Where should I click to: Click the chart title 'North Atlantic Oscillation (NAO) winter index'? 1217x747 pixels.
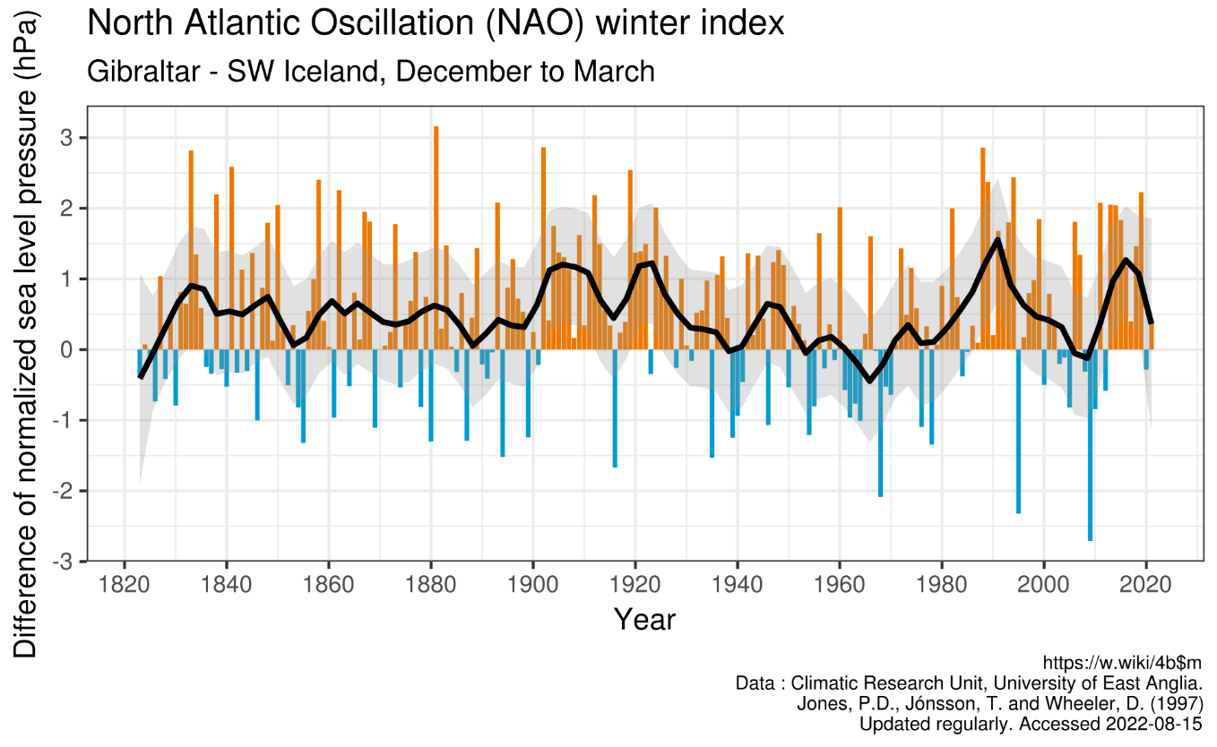[435, 23]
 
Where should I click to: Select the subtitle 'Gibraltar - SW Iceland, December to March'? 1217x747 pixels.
[370, 71]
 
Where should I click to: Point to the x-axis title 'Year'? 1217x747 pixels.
[644, 619]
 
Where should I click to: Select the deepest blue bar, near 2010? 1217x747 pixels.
[1090, 445]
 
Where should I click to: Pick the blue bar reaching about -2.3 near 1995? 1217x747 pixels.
[1018, 431]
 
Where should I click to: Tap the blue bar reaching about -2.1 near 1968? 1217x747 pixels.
[880, 423]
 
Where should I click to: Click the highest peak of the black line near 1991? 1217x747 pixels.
[997, 239]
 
